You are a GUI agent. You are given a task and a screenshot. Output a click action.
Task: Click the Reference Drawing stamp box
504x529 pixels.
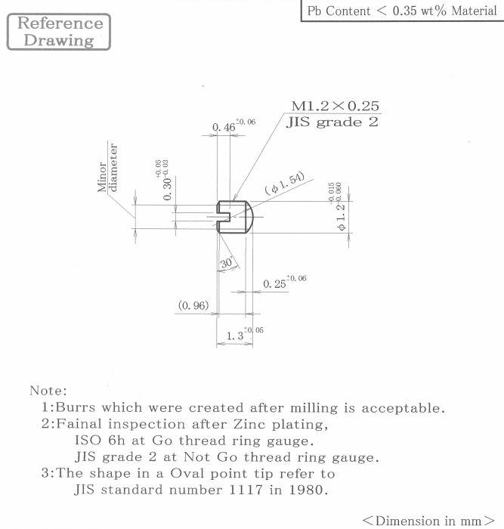pyautogui.click(x=59, y=32)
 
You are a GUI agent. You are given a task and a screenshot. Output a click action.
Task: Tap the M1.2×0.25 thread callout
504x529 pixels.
pyautogui.click(x=335, y=106)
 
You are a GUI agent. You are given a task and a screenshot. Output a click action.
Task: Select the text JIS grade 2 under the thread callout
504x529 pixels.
pyautogui.click(x=332, y=122)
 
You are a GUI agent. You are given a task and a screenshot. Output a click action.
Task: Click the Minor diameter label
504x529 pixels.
pyautogui.click(x=107, y=168)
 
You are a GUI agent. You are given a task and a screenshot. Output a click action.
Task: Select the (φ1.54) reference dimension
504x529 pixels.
pyautogui.click(x=284, y=183)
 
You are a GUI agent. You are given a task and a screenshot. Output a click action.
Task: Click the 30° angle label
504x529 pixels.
pyautogui.click(x=227, y=263)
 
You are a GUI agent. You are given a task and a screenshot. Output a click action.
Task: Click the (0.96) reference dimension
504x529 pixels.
pyautogui.click(x=193, y=305)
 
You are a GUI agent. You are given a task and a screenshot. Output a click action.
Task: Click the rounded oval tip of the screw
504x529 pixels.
pyautogui.click(x=249, y=217)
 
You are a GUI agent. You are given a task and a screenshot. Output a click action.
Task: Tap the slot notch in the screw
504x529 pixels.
pyautogui.click(x=224, y=217)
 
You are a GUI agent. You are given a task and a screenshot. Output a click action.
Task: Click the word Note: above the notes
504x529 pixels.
pyautogui.click(x=48, y=391)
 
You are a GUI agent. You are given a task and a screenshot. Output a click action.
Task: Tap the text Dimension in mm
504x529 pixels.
pyautogui.click(x=428, y=520)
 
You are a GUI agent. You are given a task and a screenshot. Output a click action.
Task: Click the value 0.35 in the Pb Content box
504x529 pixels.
pyautogui.click(x=404, y=11)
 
